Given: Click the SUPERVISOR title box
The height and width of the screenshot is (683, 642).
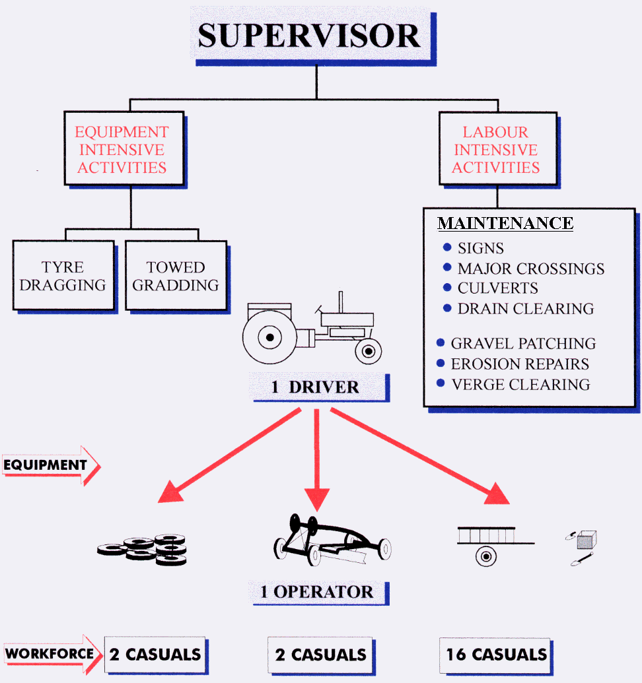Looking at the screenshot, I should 309,36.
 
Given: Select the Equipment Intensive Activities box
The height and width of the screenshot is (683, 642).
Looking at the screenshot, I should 122,150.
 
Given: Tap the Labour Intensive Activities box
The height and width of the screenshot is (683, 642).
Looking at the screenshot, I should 495,150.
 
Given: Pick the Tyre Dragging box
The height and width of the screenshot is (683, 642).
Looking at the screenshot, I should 63,276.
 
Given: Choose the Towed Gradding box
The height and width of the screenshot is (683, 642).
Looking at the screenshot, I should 175,276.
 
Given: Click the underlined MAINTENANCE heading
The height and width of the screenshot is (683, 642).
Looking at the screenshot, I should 505,223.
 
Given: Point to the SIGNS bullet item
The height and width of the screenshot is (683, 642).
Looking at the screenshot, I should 480,249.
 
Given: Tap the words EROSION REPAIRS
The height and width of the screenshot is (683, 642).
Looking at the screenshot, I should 520,364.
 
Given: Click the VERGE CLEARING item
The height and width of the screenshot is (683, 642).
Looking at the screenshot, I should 520,384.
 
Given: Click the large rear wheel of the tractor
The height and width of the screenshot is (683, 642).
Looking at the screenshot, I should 269,339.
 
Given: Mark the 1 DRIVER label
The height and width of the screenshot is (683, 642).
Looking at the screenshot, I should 315,387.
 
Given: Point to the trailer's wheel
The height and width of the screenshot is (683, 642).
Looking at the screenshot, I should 486,556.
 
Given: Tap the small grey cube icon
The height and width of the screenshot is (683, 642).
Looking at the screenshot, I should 586,540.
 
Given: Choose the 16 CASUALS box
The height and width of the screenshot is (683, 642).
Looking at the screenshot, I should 496,655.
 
